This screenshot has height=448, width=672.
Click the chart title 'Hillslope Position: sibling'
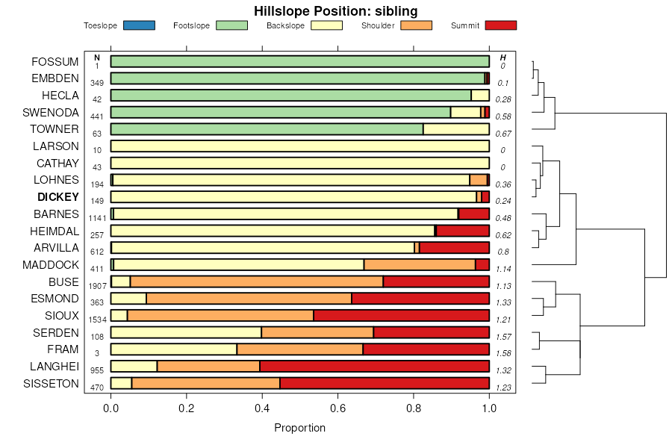click(335, 10)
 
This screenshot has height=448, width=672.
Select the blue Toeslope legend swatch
click(138, 25)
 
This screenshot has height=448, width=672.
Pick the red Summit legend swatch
click(500, 25)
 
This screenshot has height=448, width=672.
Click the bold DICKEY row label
click(57, 197)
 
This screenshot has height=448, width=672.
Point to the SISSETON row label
click(52, 384)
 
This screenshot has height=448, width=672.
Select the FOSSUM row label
click(55, 61)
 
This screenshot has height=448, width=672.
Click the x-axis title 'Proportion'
click(299, 428)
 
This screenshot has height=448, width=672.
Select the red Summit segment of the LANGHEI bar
click(374, 366)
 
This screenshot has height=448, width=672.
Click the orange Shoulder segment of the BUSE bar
click(256, 281)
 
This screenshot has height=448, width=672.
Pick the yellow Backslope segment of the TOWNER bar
click(455, 129)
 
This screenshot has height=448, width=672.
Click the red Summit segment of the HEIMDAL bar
click(463, 231)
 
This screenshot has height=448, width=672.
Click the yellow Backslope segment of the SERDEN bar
click(186, 332)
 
